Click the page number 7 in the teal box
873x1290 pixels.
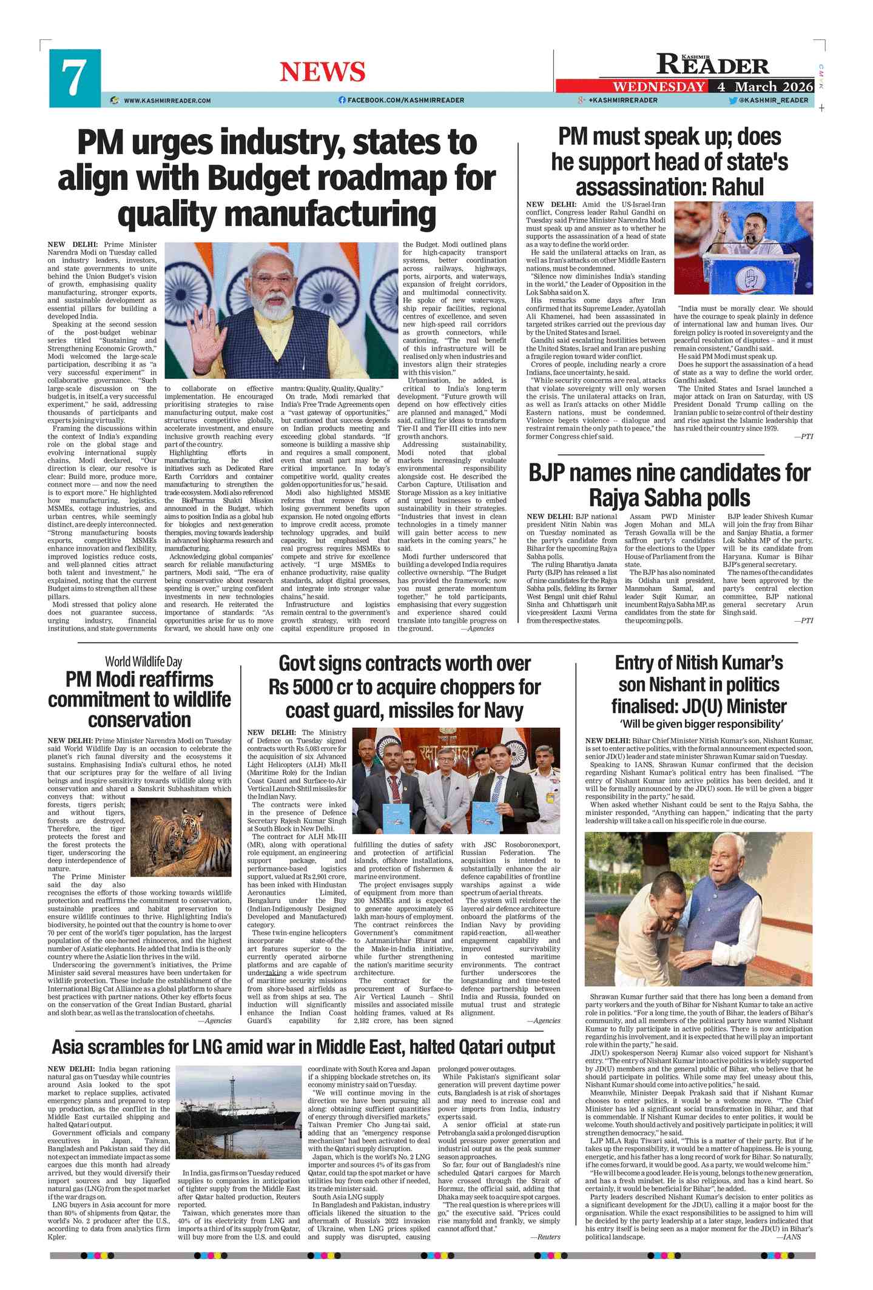74,78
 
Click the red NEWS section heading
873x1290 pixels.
322,72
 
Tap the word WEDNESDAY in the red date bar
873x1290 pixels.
659,87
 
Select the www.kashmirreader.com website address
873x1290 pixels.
167,101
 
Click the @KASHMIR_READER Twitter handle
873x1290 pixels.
774,101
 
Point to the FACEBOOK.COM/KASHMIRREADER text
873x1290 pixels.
405,101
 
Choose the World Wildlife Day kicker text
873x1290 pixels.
143,662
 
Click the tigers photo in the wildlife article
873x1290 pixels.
181,837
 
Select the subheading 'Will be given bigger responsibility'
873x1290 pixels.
701,724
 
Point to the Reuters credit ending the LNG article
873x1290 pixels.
545,1237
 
